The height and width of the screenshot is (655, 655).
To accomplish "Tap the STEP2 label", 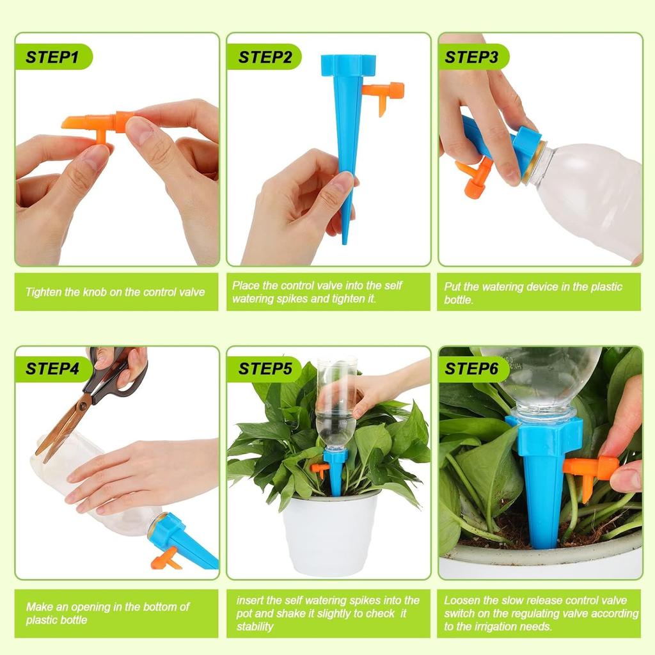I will tap(265, 57).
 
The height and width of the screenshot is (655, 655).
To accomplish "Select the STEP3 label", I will tap(471, 57).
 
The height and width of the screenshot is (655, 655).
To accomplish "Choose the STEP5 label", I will tap(265, 369).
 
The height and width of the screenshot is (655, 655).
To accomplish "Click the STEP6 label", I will tap(471, 369).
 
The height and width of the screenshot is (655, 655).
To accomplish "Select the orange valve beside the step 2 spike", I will tap(384, 93).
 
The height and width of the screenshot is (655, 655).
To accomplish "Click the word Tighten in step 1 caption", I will tap(44, 292).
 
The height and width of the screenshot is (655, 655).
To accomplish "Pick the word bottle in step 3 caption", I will tap(459, 300).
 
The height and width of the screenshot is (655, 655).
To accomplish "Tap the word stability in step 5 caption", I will tap(255, 627).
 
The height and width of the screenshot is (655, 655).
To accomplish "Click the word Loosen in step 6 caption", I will tap(462, 601).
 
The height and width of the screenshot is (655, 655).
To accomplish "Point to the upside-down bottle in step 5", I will tap(336, 403).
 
